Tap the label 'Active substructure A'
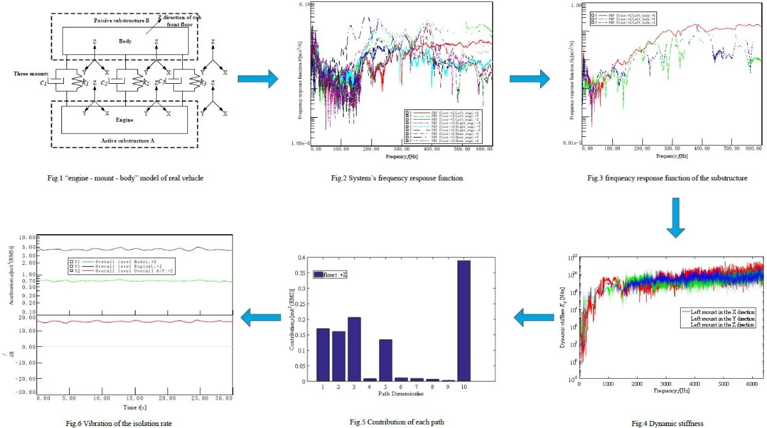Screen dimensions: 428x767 click(x=125, y=140)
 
